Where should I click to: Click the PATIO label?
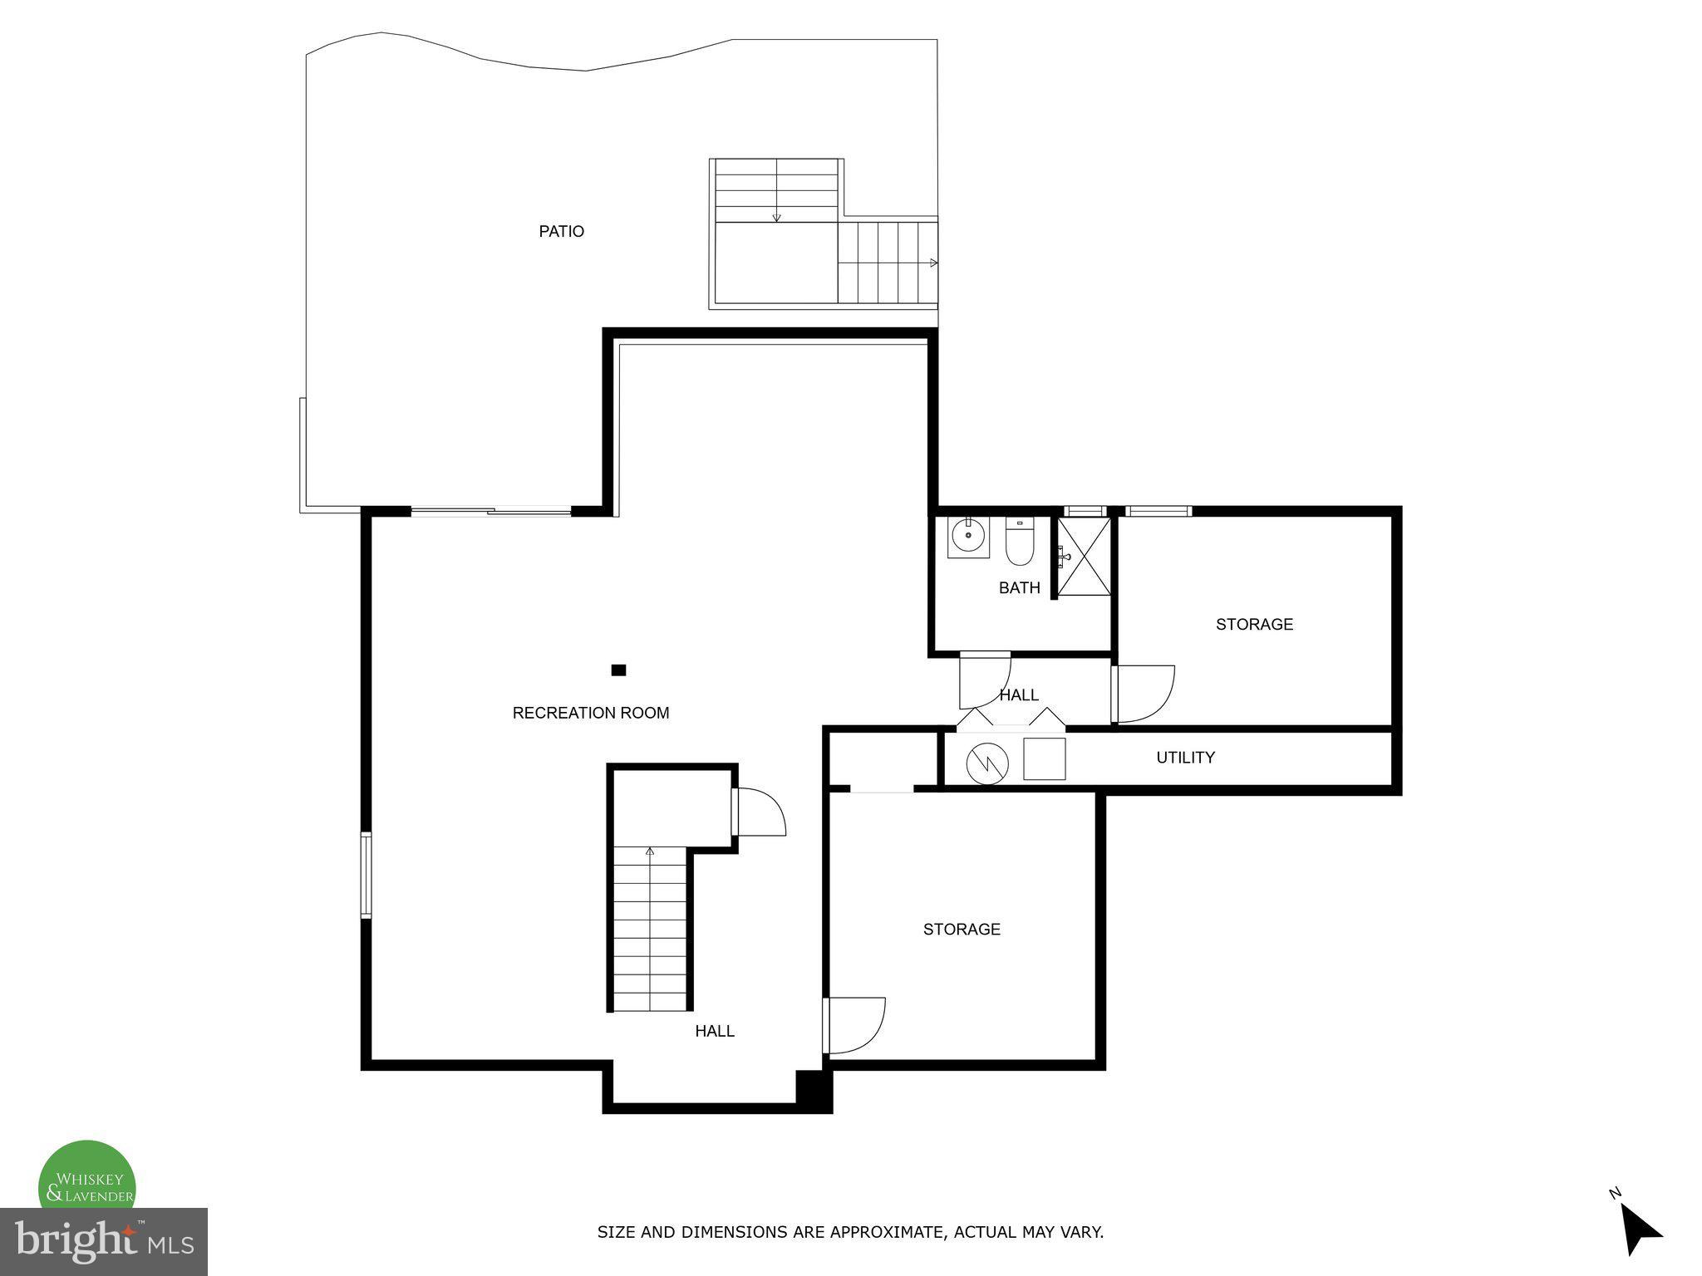click(561, 231)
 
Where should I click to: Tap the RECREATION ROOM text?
click(590, 713)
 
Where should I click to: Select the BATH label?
click(1019, 588)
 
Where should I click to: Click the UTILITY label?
click(1185, 758)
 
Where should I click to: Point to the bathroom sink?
click(968, 536)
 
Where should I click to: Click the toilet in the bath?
click(1019, 541)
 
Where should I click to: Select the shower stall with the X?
click(1085, 556)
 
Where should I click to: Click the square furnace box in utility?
click(1044, 758)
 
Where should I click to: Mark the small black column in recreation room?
click(618, 670)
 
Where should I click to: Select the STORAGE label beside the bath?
click(1254, 624)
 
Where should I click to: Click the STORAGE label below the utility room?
click(962, 929)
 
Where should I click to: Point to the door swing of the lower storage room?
click(856, 1025)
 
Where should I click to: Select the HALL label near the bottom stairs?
click(715, 1031)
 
